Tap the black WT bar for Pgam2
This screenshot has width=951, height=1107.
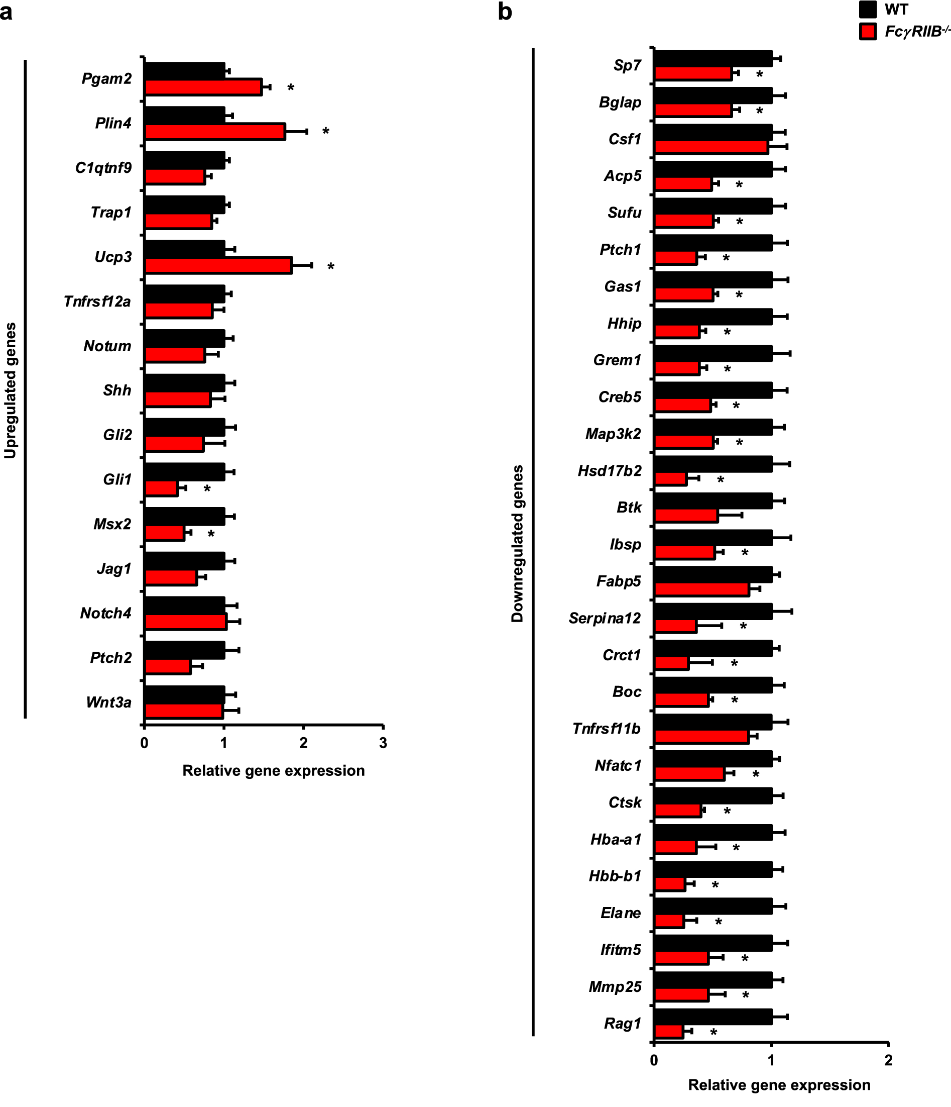(x=185, y=71)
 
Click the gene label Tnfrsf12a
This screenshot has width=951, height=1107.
(x=97, y=302)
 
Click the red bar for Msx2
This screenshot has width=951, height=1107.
(x=165, y=533)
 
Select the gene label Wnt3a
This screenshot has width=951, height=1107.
(x=109, y=702)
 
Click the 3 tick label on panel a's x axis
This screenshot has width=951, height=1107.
(x=383, y=743)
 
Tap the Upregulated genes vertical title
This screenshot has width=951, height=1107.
(x=11, y=390)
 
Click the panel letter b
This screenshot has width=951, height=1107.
(x=505, y=12)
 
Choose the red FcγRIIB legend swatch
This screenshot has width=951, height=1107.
(x=868, y=32)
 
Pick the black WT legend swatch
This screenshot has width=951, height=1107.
(x=868, y=10)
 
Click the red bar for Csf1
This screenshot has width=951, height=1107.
(x=711, y=147)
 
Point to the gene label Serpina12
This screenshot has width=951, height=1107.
(x=605, y=618)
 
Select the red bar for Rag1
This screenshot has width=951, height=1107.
(x=669, y=1032)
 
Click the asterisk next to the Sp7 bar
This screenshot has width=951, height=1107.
(x=759, y=75)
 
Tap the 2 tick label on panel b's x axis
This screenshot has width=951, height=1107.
(x=889, y=1060)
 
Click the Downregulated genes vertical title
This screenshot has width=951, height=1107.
(x=517, y=543)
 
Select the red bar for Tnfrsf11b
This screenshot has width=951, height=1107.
(x=701, y=737)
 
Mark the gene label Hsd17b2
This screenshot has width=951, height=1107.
(x=610, y=471)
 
